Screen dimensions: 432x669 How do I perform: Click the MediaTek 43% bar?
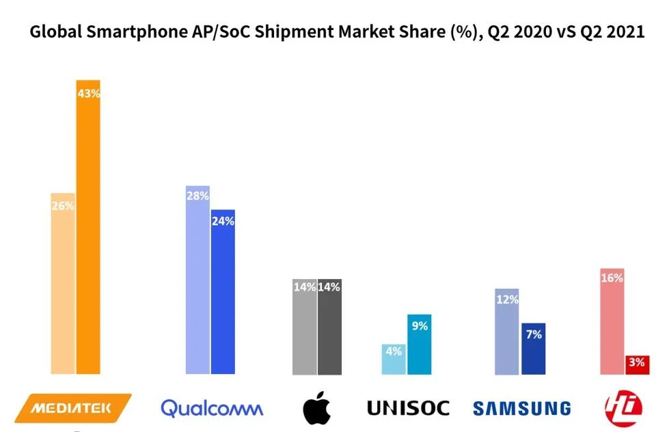tap(88, 232)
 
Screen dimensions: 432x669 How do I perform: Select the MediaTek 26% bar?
tap(63, 287)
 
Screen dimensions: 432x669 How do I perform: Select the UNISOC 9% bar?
tap(420, 348)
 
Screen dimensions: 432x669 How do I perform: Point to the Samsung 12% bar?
tap(507, 334)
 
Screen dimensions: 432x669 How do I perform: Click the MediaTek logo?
tap(72, 408)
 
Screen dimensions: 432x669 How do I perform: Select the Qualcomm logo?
tap(211, 408)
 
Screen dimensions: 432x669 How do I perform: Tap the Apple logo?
tap(317, 408)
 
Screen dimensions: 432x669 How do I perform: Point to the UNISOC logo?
tap(408, 408)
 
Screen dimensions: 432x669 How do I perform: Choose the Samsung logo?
tap(521, 409)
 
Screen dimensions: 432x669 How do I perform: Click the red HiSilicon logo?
tap(623, 407)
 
